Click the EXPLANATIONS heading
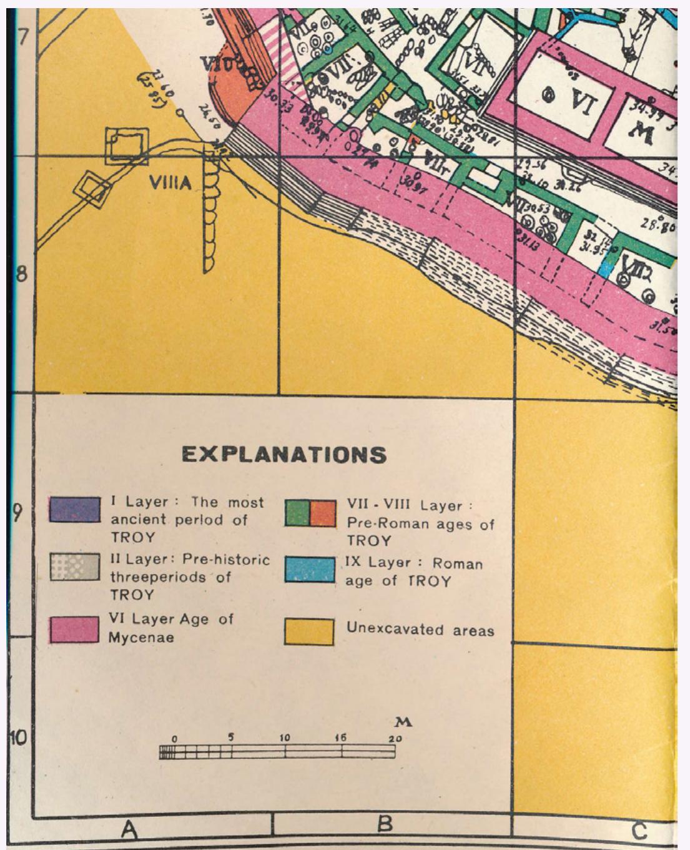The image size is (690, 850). coord(284,454)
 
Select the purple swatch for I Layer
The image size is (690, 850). coord(74,510)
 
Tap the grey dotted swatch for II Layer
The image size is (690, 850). coord(74,566)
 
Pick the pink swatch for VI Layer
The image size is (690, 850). coord(74,629)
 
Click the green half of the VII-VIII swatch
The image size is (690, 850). coord(297,512)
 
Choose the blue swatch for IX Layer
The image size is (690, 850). coord(309,570)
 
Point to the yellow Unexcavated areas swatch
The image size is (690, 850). coord(309,631)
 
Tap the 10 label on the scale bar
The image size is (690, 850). coord(285,738)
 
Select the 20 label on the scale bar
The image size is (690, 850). coord(395,738)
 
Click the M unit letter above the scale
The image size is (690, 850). coord(404,723)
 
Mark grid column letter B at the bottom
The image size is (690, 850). coord(385,824)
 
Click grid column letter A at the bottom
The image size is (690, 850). coord(129,829)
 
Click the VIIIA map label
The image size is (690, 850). coord(170,182)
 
